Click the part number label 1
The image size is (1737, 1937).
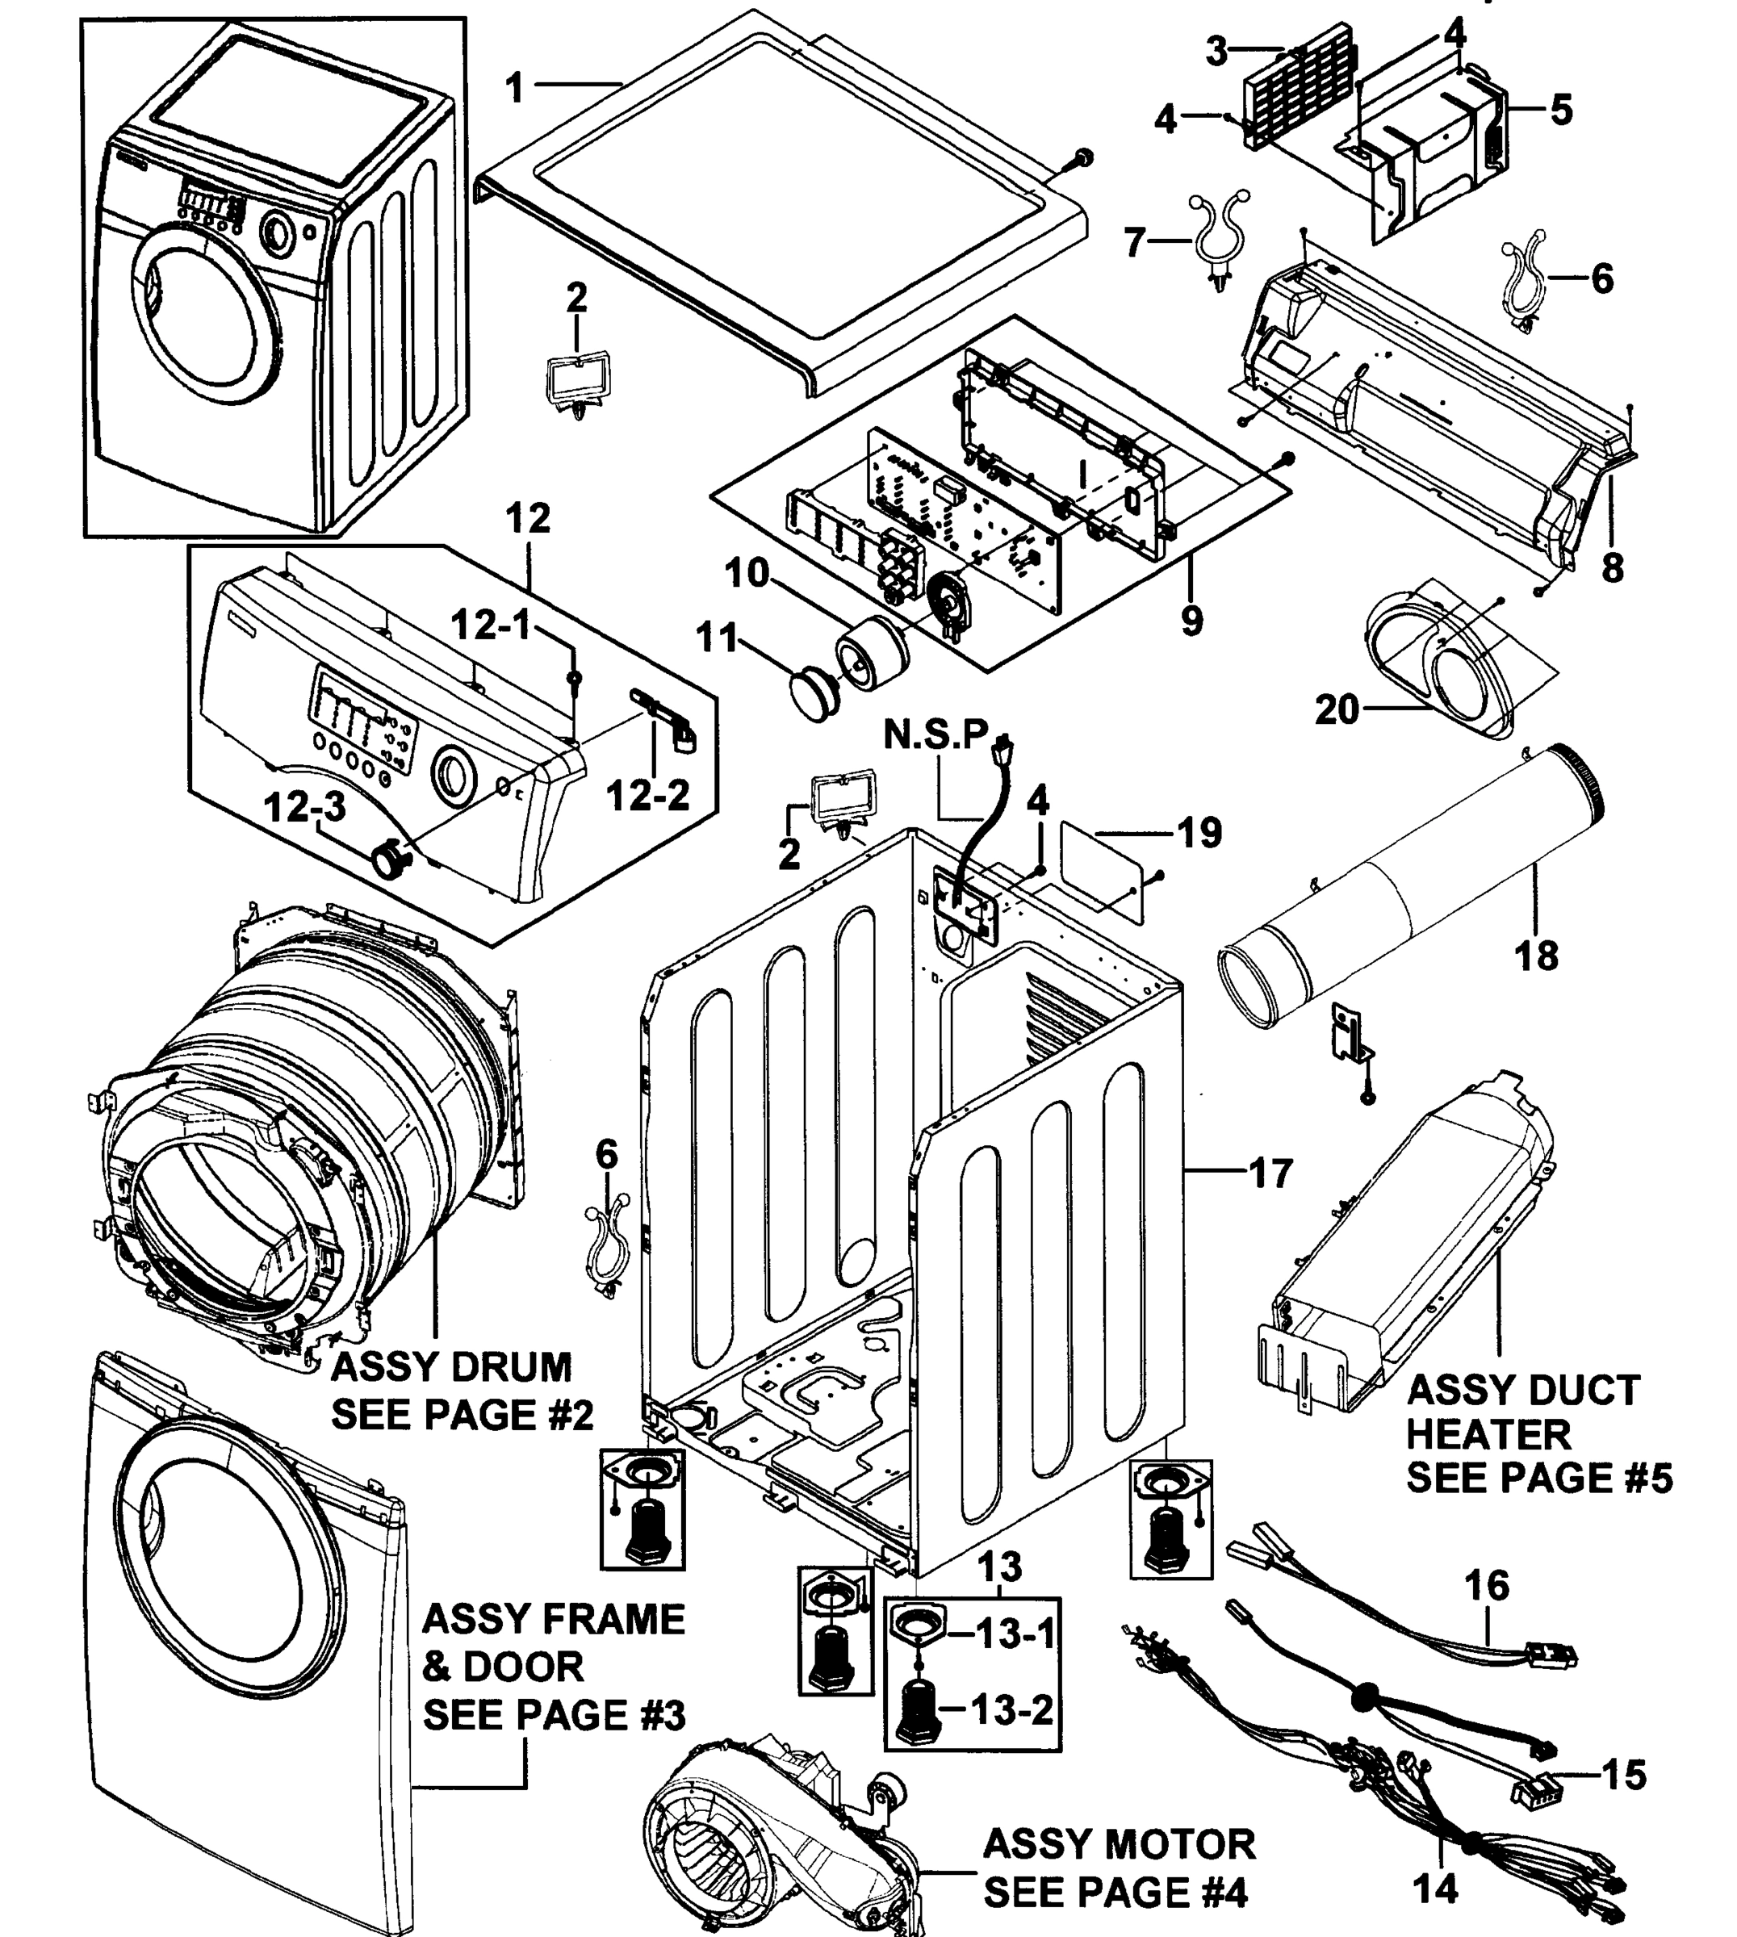(516, 88)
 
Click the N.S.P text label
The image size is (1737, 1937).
(936, 734)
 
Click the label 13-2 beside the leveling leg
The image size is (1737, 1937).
(1013, 1708)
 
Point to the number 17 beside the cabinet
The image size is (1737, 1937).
(1270, 1173)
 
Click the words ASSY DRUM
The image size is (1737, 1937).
(450, 1367)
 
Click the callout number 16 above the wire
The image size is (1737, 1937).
(1486, 1585)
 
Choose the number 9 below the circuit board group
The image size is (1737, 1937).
(1191, 620)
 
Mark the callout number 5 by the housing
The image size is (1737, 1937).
(1560, 111)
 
